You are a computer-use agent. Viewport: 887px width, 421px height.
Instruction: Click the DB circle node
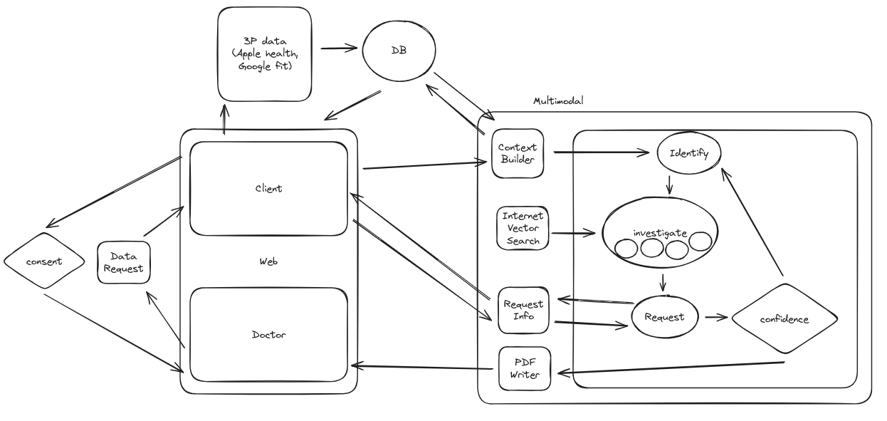[399, 50]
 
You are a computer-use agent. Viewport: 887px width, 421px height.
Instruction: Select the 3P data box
[264, 54]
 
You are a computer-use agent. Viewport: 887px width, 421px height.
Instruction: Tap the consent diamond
[44, 261]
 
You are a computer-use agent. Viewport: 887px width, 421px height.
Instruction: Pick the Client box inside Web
[268, 188]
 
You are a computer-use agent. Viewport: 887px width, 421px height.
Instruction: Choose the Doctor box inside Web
[268, 333]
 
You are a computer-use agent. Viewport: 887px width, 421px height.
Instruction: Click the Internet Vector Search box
[523, 228]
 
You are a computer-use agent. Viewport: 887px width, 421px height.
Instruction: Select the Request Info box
[523, 310]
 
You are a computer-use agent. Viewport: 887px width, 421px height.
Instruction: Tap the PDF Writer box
[524, 368]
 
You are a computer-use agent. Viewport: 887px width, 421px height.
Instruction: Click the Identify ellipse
[688, 153]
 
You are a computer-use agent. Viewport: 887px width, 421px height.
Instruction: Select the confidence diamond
[783, 318]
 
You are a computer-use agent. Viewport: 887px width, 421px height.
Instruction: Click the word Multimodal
[558, 101]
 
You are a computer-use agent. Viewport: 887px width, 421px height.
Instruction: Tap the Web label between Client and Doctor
[268, 261]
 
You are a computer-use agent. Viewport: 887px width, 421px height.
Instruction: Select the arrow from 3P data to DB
[339, 49]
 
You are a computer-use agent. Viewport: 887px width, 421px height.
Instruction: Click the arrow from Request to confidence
[716, 318]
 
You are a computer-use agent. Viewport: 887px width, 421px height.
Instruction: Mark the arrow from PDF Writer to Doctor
[424, 368]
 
